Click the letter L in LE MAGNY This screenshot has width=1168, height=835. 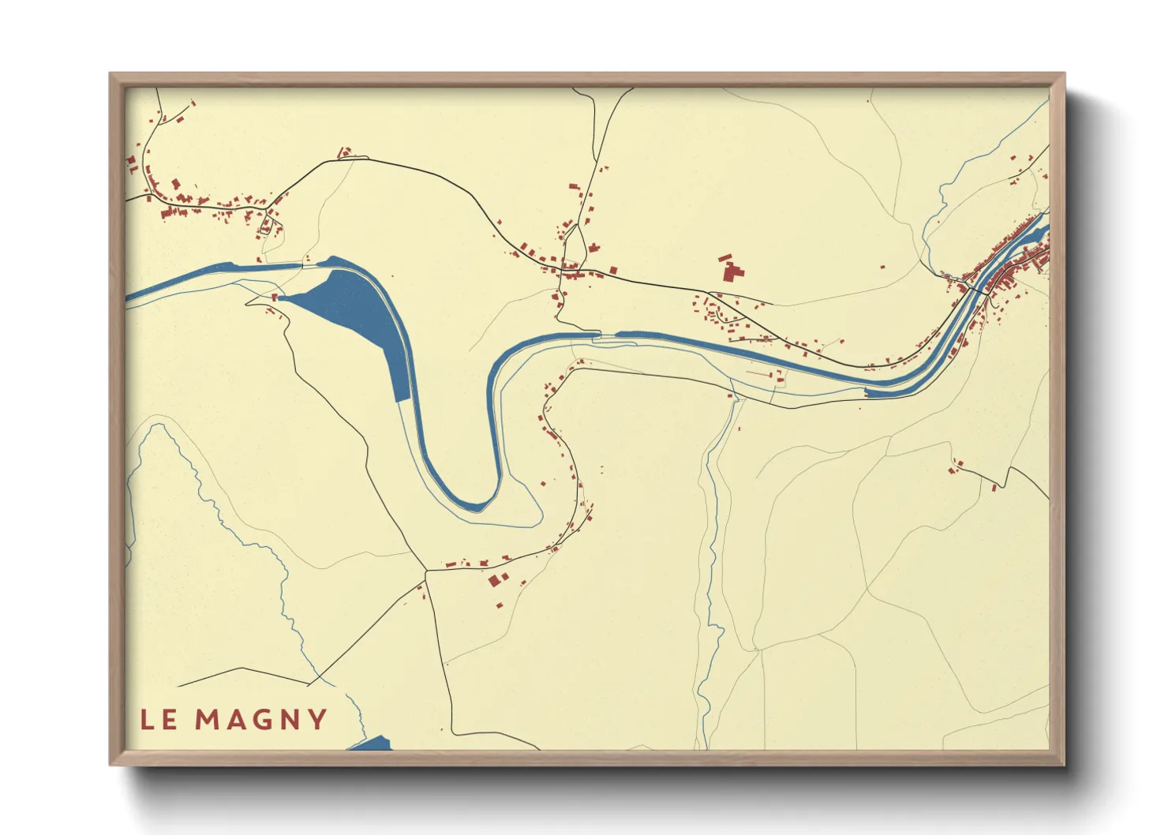148,720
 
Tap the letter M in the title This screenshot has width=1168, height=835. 208,720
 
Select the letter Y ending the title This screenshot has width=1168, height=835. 317,720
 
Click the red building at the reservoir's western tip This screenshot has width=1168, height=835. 275,298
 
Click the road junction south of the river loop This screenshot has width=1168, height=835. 426,570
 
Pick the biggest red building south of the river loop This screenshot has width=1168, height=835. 495,580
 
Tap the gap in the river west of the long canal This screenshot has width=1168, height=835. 608,335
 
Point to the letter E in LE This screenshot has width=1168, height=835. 170,720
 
